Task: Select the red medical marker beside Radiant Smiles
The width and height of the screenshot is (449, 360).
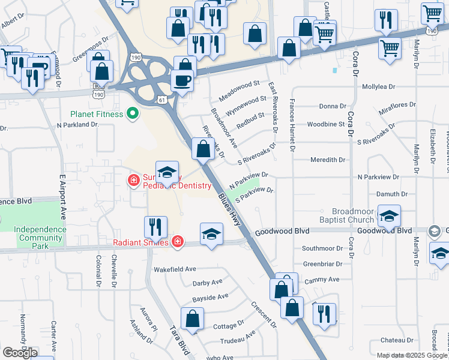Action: pyautogui.click(x=177, y=242)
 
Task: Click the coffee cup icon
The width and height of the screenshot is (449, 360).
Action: pyautogui.click(x=182, y=80)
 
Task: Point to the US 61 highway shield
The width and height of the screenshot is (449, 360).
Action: pyautogui.click(x=161, y=99)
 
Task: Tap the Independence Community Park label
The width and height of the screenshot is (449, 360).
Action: pyautogui.click(x=40, y=233)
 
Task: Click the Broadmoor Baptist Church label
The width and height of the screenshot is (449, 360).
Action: pyautogui.click(x=353, y=216)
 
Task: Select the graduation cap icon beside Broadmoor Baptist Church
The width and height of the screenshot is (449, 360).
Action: pyautogui.click(x=389, y=215)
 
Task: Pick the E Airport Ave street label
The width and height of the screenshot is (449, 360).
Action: pyautogui.click(x=61, y=197)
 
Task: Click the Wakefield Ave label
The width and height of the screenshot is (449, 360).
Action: pyautogui.click(x=175, y=269)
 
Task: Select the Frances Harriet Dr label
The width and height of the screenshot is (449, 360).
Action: pyautogui.click(x=293, y=125)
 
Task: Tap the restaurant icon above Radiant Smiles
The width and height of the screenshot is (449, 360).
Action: pyautogui.click(x=155, y=227)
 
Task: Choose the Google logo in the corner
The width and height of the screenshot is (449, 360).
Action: pyautogui.click(x=20, y=353)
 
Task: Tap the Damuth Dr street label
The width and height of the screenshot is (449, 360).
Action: pyautogui.click(x=391, y=194)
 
